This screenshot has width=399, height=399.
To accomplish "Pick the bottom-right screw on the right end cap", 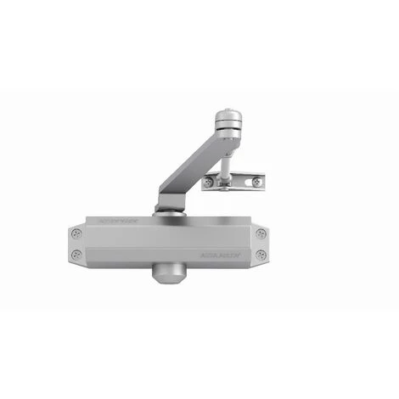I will [x=261, y=254].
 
